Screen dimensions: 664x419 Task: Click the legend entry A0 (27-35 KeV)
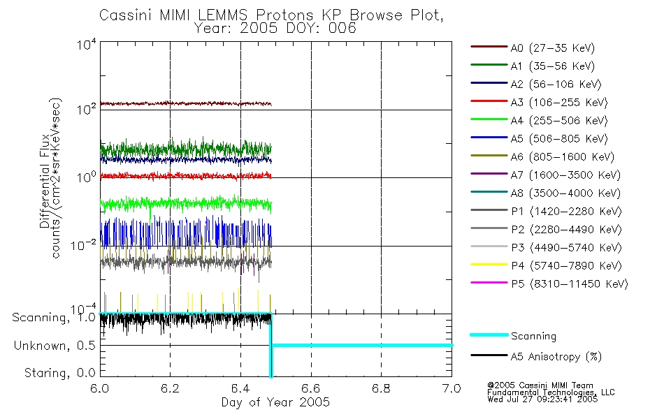tap(552, 47)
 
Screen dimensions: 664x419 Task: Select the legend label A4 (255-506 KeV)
tap(559, 121)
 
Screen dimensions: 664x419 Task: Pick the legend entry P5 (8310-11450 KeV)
tap(569, 284)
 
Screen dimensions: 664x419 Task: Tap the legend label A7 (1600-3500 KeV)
tap(565, 175)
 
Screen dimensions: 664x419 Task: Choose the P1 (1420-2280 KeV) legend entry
tap(566, 211)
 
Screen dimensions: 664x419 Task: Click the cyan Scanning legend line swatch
tap(489, 335)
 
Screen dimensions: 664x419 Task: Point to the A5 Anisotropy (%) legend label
tap(556, 356)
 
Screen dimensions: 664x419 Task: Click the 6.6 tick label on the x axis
tap(310, 388)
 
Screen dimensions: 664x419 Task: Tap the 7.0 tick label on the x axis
tap(452, 388)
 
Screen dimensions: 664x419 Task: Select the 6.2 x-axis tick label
tap(170, 388)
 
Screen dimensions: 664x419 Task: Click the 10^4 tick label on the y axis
tap(86, 44)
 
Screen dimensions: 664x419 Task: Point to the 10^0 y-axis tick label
tap(86, 177)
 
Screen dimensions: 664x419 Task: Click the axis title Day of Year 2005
tap(275, 402)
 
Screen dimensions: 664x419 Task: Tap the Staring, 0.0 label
tap(59, 373)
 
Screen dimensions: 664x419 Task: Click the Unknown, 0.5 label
tap(55, 346)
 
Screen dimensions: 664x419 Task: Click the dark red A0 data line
tap(185, 103)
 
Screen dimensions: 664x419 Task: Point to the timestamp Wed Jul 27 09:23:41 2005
tap(542, 399)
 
